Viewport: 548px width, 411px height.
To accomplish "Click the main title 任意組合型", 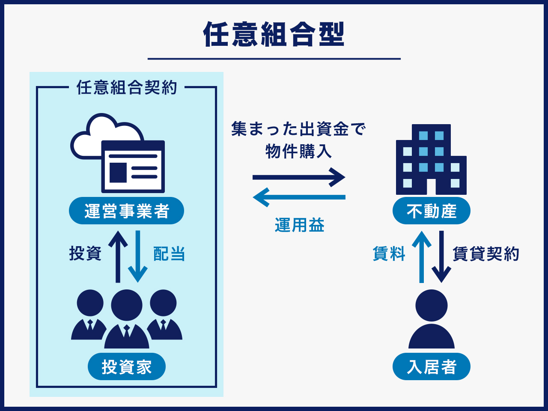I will tap(274, 34).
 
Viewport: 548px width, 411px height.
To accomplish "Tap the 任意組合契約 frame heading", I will tap(127, 87).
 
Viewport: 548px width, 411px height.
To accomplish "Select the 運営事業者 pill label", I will tap(127, 211).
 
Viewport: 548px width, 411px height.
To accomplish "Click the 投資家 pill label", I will tap(127, 367).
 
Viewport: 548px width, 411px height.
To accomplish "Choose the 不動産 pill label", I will tap(432, 211).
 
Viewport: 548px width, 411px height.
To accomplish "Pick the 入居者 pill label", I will tap(432, 367).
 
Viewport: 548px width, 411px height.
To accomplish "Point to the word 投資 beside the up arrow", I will tap(85, 253).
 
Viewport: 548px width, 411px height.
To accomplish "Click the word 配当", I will tap(169, 254).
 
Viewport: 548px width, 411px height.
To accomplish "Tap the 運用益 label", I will tap(300, 225).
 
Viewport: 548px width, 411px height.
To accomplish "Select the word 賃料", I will tap(389, 254).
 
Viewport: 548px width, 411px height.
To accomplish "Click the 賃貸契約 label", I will tap(486, 254).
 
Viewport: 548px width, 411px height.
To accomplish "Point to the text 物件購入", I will tap(298, 151).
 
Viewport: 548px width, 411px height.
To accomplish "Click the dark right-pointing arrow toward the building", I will tap(299, 177).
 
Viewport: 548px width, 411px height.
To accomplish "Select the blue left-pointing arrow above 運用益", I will tap(299, 197).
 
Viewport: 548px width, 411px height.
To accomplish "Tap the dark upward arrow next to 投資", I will tap(118, 257).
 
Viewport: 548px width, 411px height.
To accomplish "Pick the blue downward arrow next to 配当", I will tap(138, 257).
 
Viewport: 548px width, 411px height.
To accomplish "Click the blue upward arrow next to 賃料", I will tap(422, 257).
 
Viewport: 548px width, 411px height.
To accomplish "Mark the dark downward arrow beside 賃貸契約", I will tap(441, 257).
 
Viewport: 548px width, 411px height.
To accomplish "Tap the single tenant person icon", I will tap(432, 319).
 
